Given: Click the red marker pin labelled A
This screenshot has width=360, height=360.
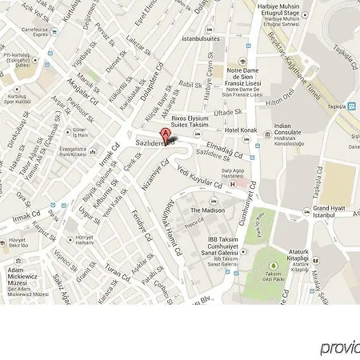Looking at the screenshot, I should (166, 134).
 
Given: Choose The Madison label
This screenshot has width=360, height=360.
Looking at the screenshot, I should (206, 210).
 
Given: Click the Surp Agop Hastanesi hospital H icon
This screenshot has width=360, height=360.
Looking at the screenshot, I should (233, 185).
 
